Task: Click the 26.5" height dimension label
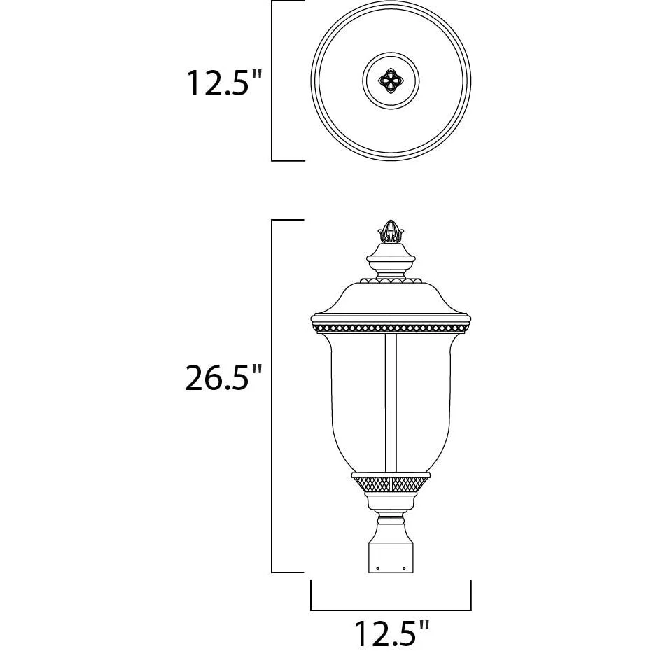point(223,377)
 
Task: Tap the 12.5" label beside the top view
point(224,83)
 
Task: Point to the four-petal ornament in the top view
point(391,81)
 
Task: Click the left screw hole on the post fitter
point(378,568)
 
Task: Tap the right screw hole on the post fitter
point(404,568)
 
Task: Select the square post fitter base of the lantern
point(391,558)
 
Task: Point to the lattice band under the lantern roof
point(391,328)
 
